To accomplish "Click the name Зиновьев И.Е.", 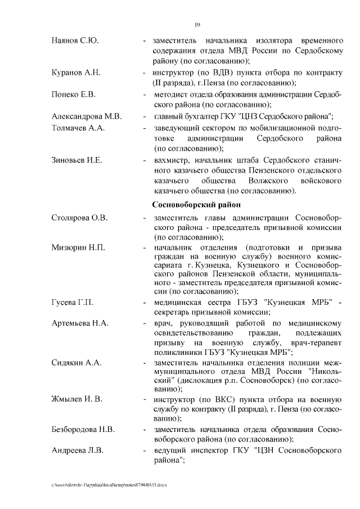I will coord(76,160).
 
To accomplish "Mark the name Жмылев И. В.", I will coord(76,398).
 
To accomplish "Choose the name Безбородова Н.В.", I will coord(83,430).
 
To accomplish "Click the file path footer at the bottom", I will coord(109,485).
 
